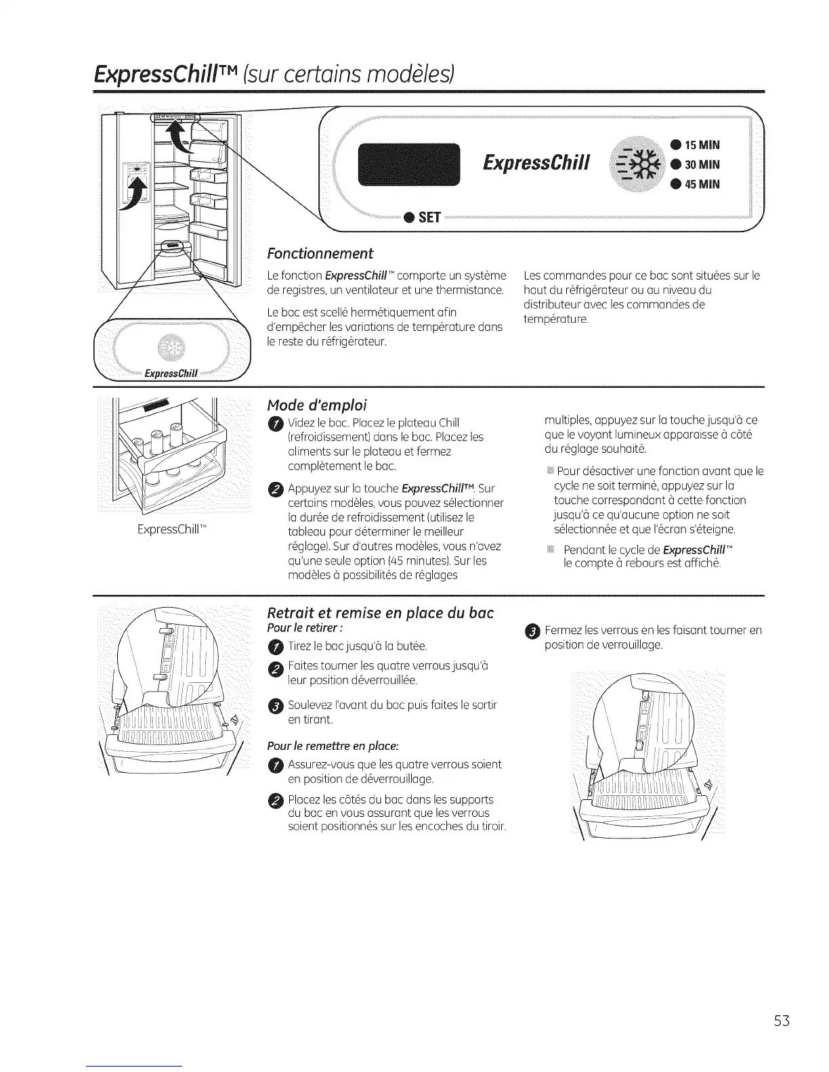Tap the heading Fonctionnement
pos(320,254)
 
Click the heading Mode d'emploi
pos(317,405)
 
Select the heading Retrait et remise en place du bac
pos(381,613)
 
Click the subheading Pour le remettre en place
pos(333,746)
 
